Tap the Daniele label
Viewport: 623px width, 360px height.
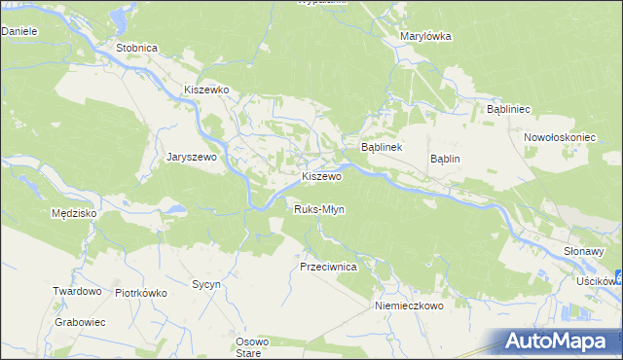click(18, 31)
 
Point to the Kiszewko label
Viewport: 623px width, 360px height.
click(206, 89)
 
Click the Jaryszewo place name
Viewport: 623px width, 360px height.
click(197, 156)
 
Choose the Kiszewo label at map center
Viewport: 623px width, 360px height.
click(321, 177)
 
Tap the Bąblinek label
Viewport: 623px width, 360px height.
click(382, 147)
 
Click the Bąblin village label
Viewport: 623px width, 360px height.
click(445, 159)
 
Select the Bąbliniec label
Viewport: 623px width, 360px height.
click(507, 110)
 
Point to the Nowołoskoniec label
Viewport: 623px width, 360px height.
click(559, 137)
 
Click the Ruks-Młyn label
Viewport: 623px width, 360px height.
click(319, 209)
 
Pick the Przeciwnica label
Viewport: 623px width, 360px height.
click(329, 266)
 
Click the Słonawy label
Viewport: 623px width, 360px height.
click(584, 250)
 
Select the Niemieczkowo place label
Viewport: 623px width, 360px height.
click(409, 305)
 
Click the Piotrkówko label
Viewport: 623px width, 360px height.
click(142, 292)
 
